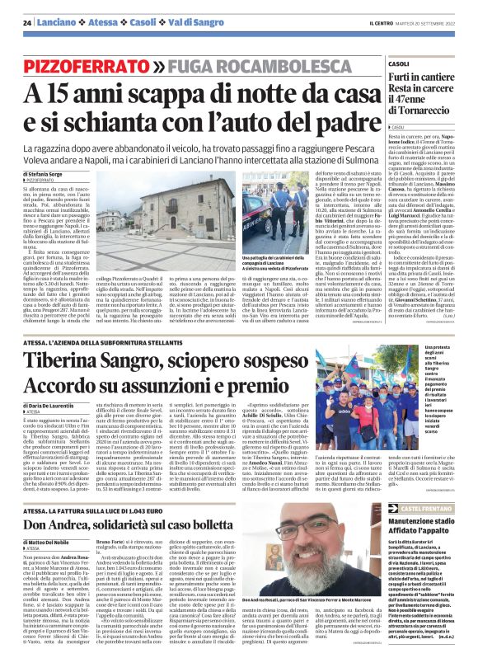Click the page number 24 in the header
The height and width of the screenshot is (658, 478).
tap(28, 22)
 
